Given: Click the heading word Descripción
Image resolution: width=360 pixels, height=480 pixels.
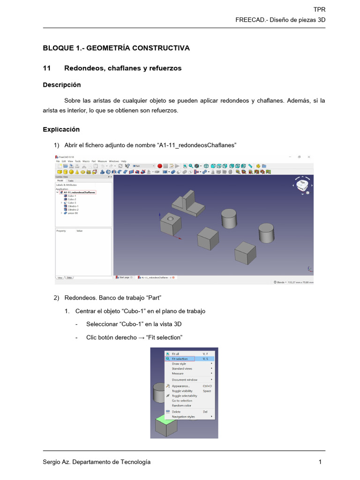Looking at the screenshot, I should (x=61, y=85).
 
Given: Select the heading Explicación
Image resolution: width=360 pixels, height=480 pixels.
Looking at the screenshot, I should (x=61, y=129).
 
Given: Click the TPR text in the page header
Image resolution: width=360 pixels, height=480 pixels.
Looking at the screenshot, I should (x=319, y=9).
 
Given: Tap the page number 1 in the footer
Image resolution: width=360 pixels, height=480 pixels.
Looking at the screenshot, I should (x=320, y=462).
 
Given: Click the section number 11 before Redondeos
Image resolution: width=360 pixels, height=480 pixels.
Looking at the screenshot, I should (x=46, y=68).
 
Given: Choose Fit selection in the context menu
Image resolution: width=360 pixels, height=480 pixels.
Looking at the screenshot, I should (x=180, y=359).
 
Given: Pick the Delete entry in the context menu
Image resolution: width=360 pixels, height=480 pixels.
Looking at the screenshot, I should (x=176, y=412).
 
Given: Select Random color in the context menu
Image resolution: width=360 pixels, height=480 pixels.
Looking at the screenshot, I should (x=181, y=405).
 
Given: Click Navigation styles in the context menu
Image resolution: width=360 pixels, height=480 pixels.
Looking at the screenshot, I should (x=183, y=416).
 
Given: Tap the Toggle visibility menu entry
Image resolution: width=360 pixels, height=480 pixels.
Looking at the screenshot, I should (x=182, y=391).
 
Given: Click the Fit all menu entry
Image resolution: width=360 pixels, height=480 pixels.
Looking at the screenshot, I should (x=175, y=353).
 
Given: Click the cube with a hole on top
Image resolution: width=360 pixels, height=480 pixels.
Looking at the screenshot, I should (x=170, y=223).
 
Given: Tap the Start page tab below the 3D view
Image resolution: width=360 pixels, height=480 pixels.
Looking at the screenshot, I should (x=124, y=277).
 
